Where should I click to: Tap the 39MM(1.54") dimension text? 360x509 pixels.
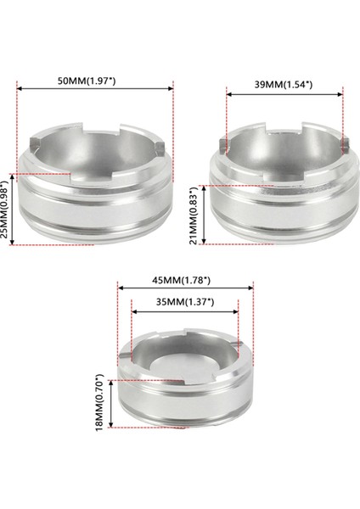pos(283,85)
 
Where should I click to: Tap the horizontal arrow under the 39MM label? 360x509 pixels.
pos(284,96)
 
